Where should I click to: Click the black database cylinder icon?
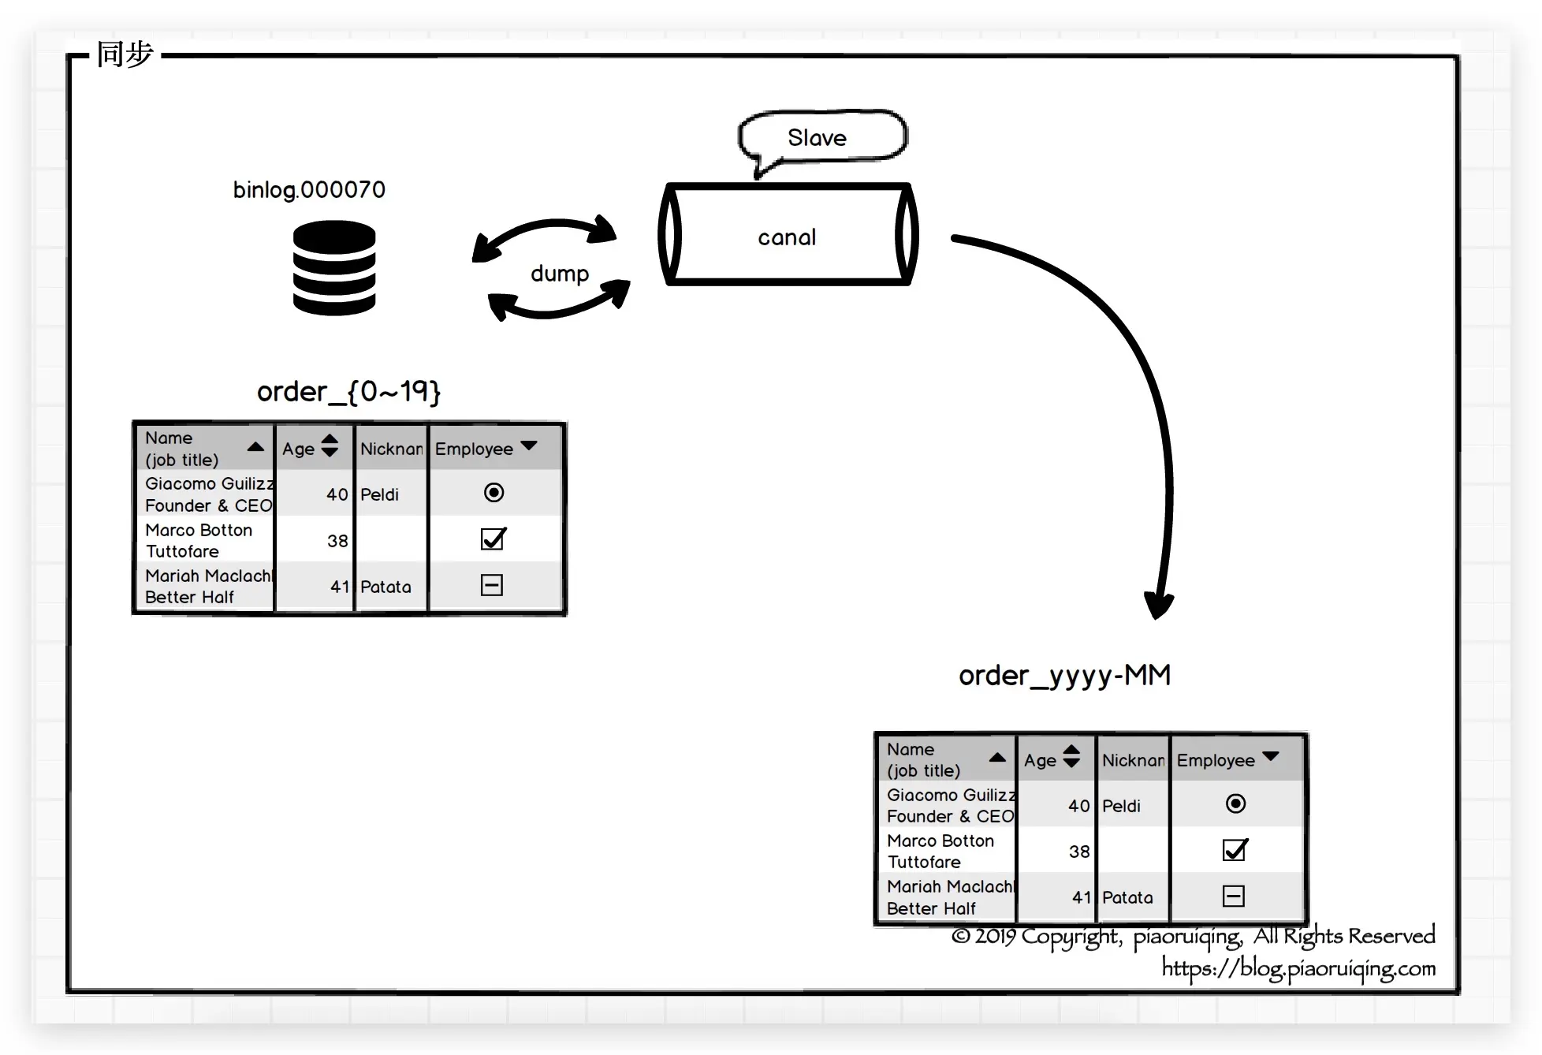coord(334,268)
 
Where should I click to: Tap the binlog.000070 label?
coord(309,190)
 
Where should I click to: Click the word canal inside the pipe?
coord(787,237)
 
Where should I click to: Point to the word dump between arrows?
coord(560,274)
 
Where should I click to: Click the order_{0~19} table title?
coord(348,392)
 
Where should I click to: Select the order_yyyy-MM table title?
coord(1064,676)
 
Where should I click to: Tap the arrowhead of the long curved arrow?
coord(1159,607)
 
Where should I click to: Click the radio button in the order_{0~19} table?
coord(494,493)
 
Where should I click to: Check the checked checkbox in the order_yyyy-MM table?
coord(1235,849)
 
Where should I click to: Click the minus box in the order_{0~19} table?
coord(492,585)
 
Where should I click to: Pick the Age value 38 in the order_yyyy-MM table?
coord(1079,852)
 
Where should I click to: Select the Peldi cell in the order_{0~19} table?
coord(379,494)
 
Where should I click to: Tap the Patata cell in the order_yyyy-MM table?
coord(1127,897)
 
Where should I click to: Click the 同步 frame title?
coord(125,54)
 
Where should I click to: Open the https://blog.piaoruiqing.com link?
coord(1298,968)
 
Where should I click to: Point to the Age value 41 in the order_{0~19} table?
coord(340,587)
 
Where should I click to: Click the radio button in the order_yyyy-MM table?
coord(1235,803)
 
